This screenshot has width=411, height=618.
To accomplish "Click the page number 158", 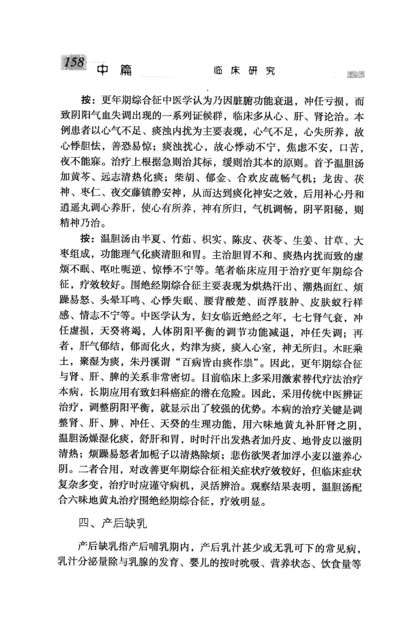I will [x=74, y=62].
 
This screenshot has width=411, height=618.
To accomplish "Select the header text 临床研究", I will [x=244, y=71].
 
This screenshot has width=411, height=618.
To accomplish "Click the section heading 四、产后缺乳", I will [x=113, y=523].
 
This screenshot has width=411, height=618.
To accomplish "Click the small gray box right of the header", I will [x=355, y=74].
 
